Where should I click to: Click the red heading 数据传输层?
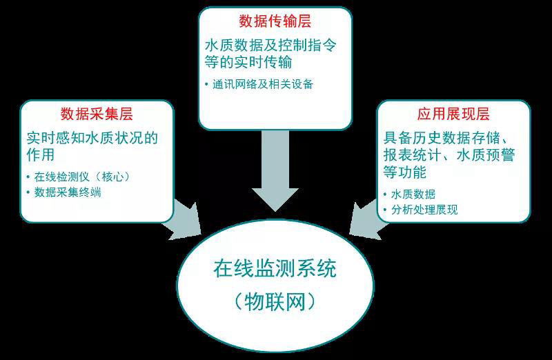[x=275, y=21]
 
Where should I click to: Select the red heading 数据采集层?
[x=97, y=114]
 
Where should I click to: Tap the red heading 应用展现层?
[x=453, y=114]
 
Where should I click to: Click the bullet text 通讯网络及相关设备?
[x=263, y=84]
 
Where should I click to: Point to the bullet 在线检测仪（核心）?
[x=81, y=177]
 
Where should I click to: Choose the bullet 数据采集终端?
[x=68, y=192]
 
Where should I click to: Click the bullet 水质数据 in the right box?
[x=413, y=194]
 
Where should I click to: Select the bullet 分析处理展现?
[x=424, y=210]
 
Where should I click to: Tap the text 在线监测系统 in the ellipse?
[x=275, y=268]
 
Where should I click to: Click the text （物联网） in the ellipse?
[x=275, y=301]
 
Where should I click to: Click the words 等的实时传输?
[x=248, y=62]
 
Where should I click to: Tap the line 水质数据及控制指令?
[x=270, y=46]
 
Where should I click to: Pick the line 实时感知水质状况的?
[x=92, y=138]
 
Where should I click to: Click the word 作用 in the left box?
[x=41, y=155]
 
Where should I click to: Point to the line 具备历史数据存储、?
[x=446, y=138]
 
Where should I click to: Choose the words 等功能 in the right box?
[x=405, y=172]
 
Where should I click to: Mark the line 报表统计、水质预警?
[x=449, y=155]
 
